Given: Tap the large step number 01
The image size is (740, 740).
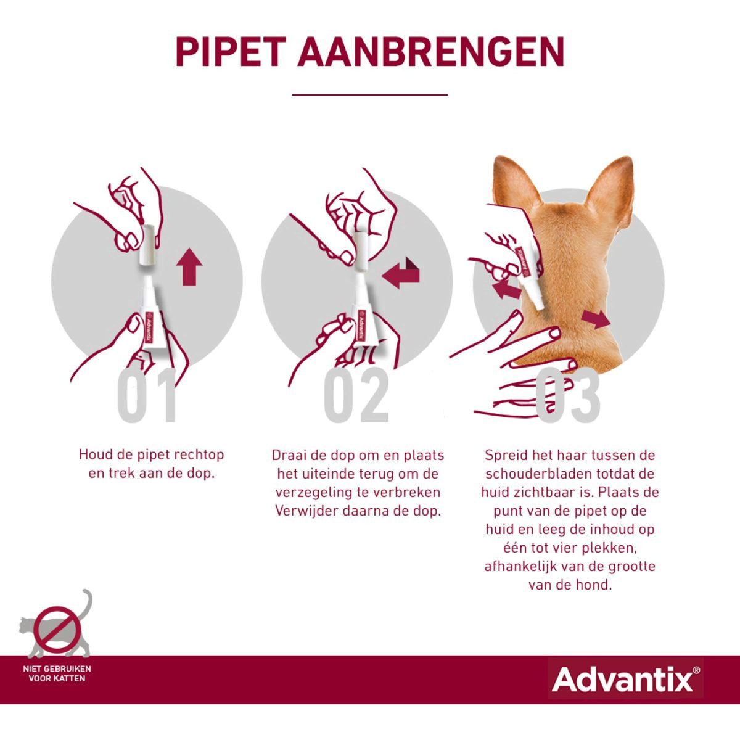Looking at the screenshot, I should [x=148, y=396].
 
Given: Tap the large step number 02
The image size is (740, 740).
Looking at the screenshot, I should [x=357, y=396].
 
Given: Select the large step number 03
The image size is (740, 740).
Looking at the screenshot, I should [x=567, y=396].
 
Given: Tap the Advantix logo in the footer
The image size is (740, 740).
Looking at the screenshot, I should [x=625, y=680].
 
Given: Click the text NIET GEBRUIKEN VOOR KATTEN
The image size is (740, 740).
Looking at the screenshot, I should [x=57, y=673].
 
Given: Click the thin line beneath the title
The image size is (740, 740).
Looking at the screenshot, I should [x=370, y=95].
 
